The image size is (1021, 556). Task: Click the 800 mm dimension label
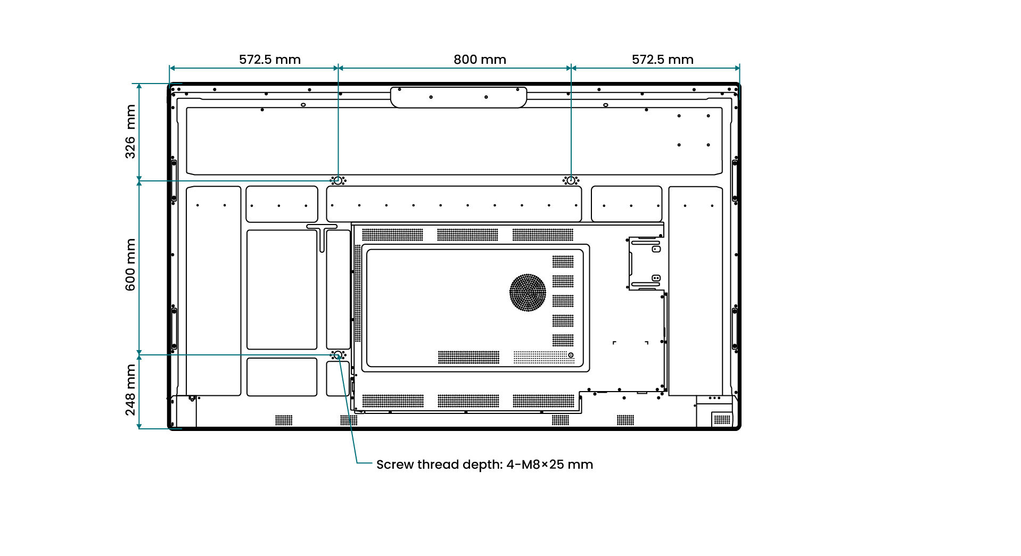(480, 60)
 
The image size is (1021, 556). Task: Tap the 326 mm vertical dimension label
(130, 131)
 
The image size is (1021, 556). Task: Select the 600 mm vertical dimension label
(130, 264)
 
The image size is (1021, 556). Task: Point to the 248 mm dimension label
(130, 390)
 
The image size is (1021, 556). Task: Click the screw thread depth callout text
(484, 464)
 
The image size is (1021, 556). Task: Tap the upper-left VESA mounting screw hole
(338, 180)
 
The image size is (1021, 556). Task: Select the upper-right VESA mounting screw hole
(571, 180)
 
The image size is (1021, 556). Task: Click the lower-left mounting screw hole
(337, 354)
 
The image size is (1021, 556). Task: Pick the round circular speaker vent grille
(528, 292)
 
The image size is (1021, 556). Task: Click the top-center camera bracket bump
(458, 97)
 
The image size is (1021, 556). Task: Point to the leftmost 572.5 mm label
(270, 60)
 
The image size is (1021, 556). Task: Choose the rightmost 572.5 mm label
(663, 60)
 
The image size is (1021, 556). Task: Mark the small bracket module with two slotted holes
(646, 263)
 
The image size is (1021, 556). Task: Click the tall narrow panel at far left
(213, 291)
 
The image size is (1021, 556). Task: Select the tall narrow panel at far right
(696, 291)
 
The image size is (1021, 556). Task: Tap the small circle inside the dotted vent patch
(571, 355)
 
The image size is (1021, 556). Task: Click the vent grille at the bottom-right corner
(722, 420)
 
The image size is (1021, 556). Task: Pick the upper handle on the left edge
(174, 180)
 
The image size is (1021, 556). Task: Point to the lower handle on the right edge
(735, 328)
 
